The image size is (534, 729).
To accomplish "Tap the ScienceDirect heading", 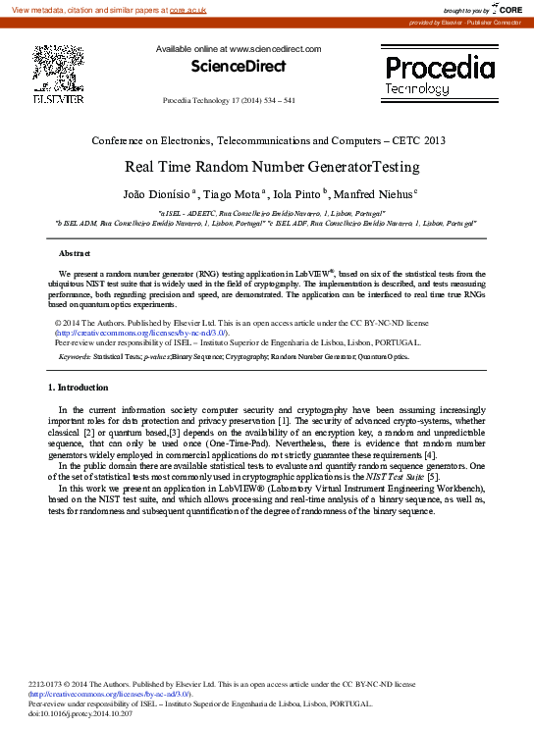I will [238, 67].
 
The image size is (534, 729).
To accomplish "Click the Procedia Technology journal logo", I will [439, 76].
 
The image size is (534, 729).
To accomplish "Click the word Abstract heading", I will [76, 253].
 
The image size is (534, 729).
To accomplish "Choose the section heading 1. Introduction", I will [79, 388].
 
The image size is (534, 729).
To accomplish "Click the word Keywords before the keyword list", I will [76, 357].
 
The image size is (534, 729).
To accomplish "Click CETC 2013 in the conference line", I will [421, 140].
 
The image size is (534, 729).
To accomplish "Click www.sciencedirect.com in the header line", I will [275, 48].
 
